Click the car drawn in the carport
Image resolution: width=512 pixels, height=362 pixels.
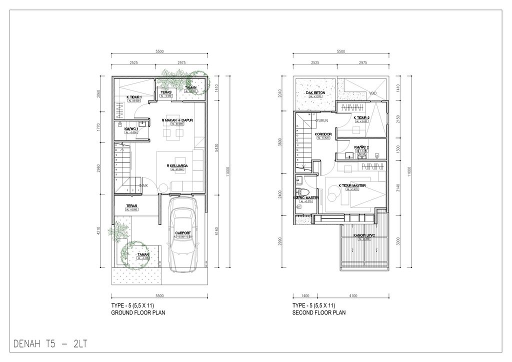click(184, 235)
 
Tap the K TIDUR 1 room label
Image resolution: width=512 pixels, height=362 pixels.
click(134, 97)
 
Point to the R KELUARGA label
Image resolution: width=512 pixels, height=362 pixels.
click(177, 165)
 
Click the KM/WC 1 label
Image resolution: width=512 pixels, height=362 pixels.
click(131, 129)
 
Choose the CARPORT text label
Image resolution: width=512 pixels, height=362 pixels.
click(183, 233)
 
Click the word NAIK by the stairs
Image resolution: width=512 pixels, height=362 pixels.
click(145, 185)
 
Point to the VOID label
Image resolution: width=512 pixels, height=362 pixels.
click(373, 93)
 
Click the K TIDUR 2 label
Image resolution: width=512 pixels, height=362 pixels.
click(361, 118)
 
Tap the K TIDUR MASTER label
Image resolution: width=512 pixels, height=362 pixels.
click(352, 185)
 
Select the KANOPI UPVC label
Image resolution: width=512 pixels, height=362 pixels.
click(364, 235)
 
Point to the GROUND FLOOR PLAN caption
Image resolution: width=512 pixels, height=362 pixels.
click(138, 313)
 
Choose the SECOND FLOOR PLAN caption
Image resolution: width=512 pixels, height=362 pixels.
click(319, 313)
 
